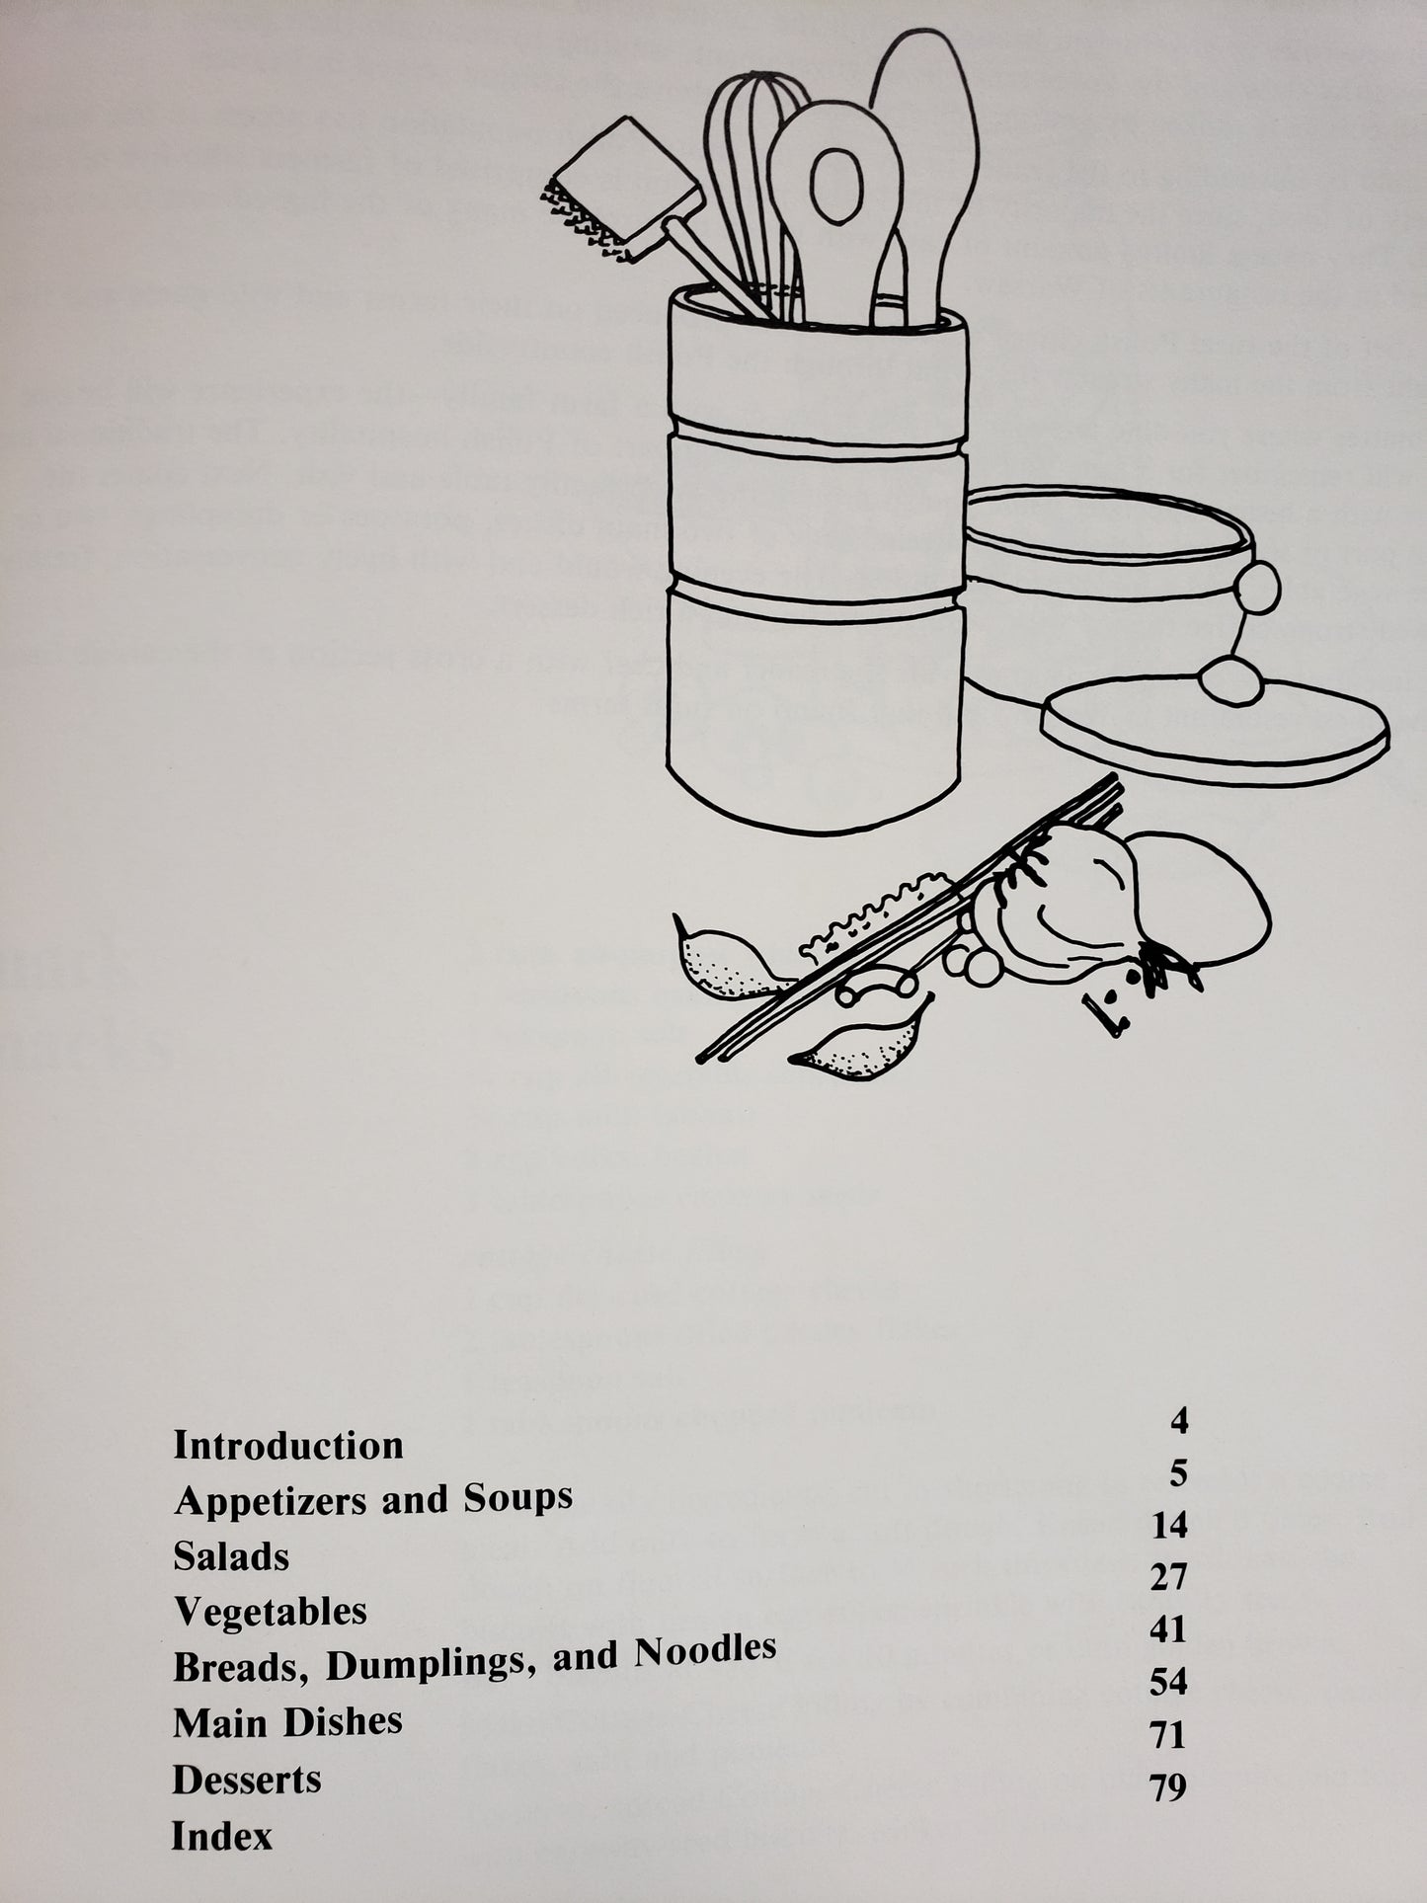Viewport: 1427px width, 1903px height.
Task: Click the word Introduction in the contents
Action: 288,1446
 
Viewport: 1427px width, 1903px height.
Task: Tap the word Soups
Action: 517,1498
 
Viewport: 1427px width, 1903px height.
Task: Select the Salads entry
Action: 231,1557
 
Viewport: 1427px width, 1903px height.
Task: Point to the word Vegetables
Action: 271,1613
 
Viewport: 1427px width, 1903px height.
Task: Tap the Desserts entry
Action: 247,1780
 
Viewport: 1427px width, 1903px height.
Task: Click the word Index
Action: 221,1837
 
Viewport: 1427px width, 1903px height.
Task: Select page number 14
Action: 1168,1527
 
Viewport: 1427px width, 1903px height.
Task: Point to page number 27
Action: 1167,1578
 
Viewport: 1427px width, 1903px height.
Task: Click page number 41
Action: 1167,1629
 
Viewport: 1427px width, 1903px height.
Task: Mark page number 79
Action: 1167,1787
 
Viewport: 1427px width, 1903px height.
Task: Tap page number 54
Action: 1167,1682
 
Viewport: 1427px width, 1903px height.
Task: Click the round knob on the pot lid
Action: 1225,680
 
